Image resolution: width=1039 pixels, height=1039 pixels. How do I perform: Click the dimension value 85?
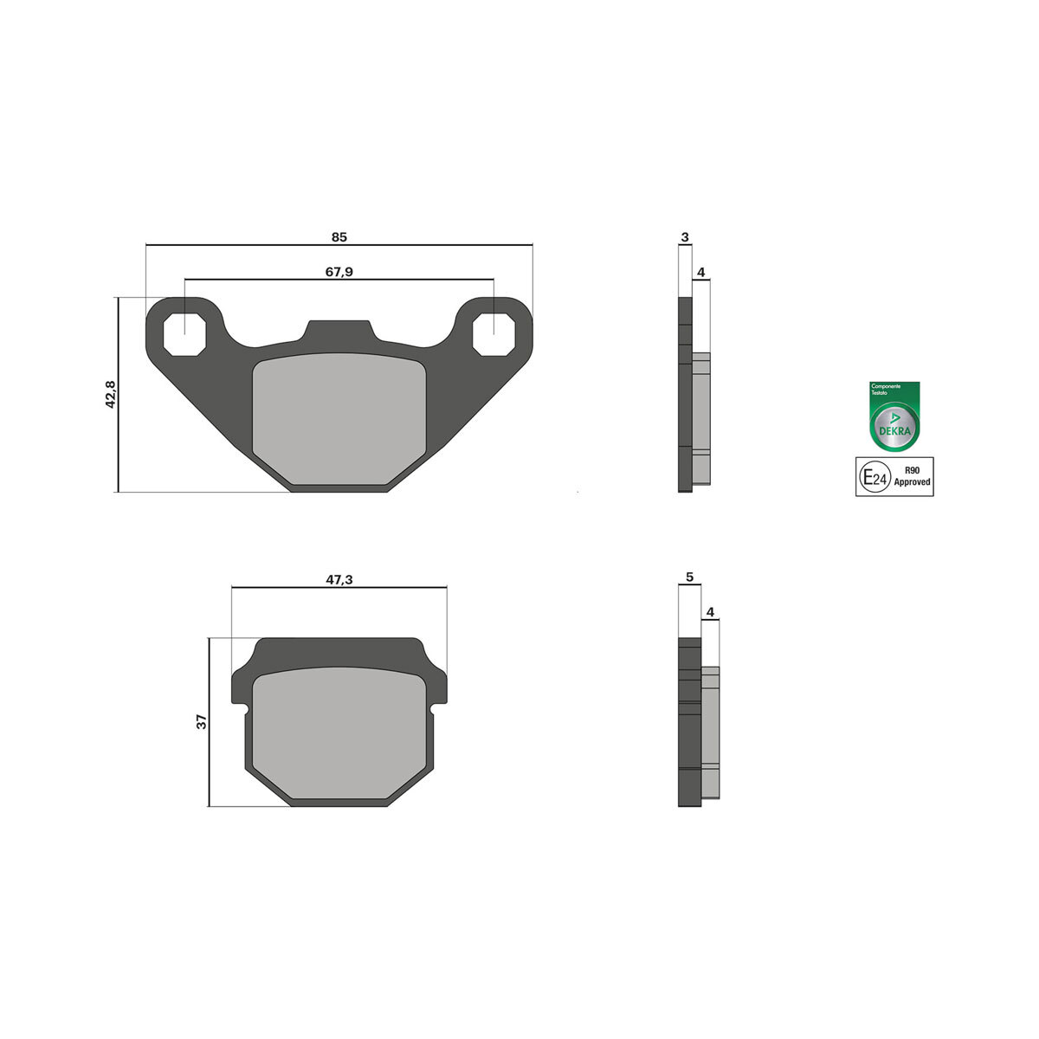[339, 236]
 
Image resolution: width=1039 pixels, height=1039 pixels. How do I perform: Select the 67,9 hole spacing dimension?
[339, 272]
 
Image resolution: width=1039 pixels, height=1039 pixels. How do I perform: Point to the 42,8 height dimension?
[110, 395]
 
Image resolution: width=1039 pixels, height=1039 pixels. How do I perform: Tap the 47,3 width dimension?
[339, 579]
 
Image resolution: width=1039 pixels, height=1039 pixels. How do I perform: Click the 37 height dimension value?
[202, 721]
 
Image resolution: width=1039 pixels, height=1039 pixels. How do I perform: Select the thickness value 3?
[685, 236]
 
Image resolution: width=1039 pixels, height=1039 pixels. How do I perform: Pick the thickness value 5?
[689, 577]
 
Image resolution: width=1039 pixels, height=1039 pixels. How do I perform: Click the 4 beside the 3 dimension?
[701, 272]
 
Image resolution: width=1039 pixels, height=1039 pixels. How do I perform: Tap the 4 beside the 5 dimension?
[710, 612]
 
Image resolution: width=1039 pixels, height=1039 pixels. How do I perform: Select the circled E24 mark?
[873, 476]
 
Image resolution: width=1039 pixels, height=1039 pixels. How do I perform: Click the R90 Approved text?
[912, 476]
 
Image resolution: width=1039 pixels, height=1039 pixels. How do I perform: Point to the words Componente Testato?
[886, 389]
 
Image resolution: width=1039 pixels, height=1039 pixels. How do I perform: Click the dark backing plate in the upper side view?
[685, 395]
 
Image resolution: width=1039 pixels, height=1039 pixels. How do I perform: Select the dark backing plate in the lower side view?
[689, 721]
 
